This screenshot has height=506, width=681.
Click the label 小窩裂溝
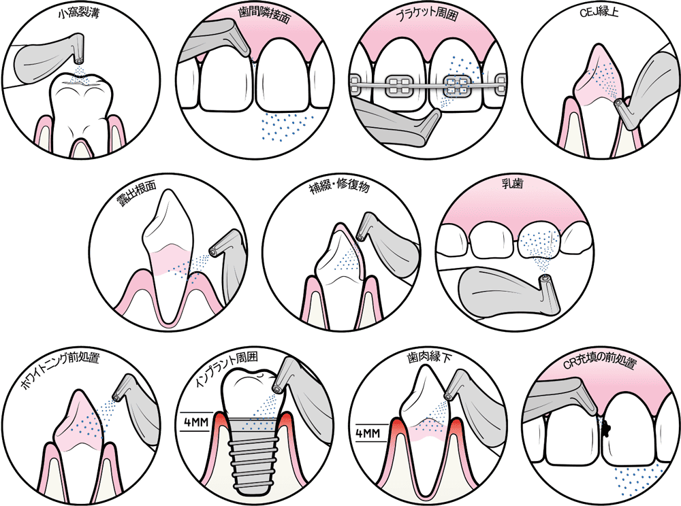(x=80, y=13)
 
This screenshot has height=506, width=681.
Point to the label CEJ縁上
(x=601, y=13)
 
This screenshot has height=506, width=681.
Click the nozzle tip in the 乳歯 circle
(x=543, y=280)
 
